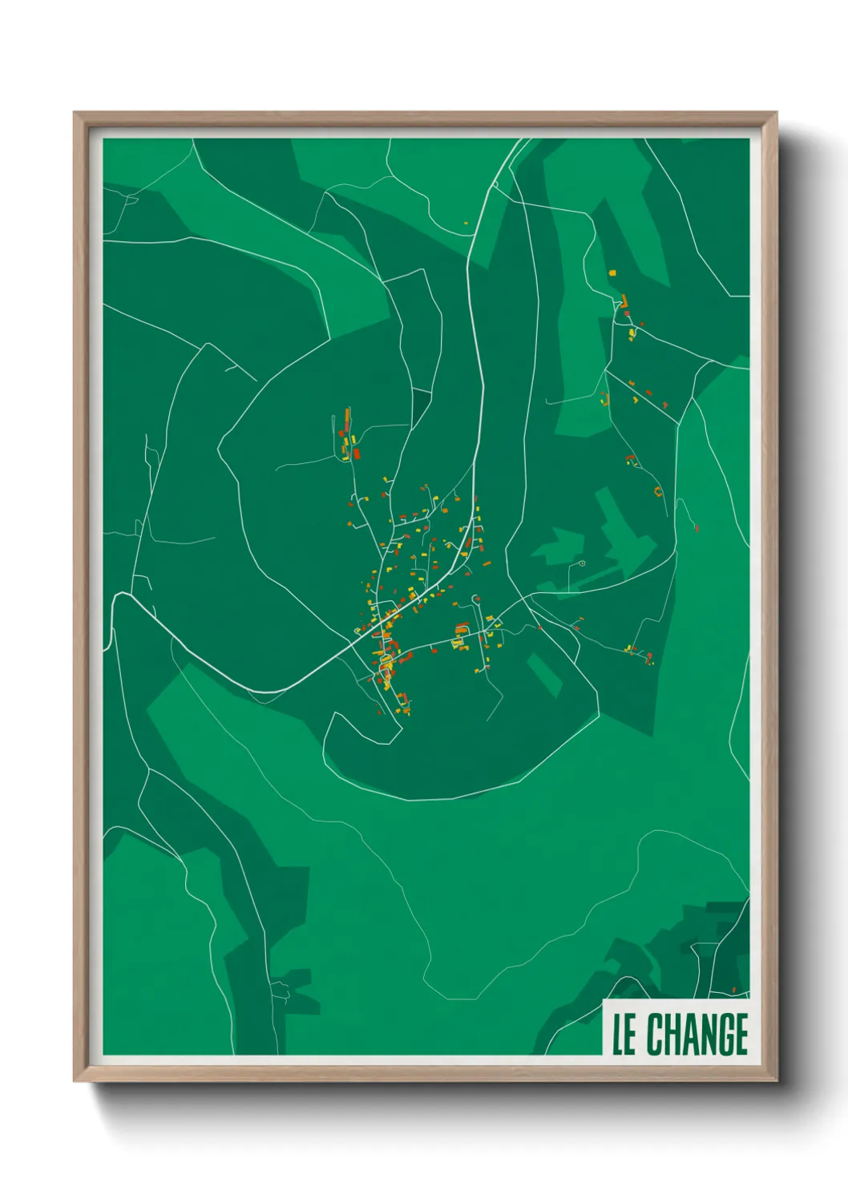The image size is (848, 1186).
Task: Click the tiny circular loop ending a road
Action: [581, 563]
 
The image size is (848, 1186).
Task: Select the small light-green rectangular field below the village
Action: [545, 672]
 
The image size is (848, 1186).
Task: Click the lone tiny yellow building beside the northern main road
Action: [465, 224]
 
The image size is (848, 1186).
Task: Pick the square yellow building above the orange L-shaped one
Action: [612, 273]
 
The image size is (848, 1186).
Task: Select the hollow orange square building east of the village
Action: [658, 490]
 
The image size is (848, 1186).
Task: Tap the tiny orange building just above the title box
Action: [733, 990]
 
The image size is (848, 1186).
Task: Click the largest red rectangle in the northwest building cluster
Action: [356, 454]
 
